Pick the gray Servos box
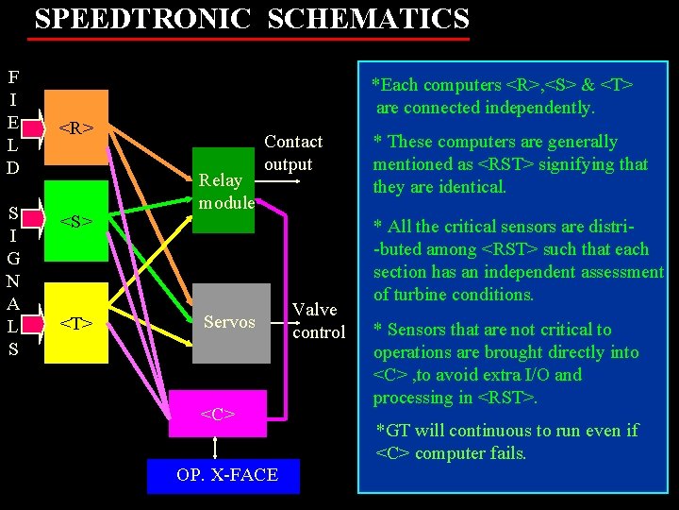pos(229,323)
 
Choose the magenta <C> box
pos(217,414)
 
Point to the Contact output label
pos(292,153)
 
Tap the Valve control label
pos(318,321)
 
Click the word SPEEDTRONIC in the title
pos(143,19)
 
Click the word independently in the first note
pos(539,108)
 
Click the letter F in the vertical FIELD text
pos(13,76)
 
